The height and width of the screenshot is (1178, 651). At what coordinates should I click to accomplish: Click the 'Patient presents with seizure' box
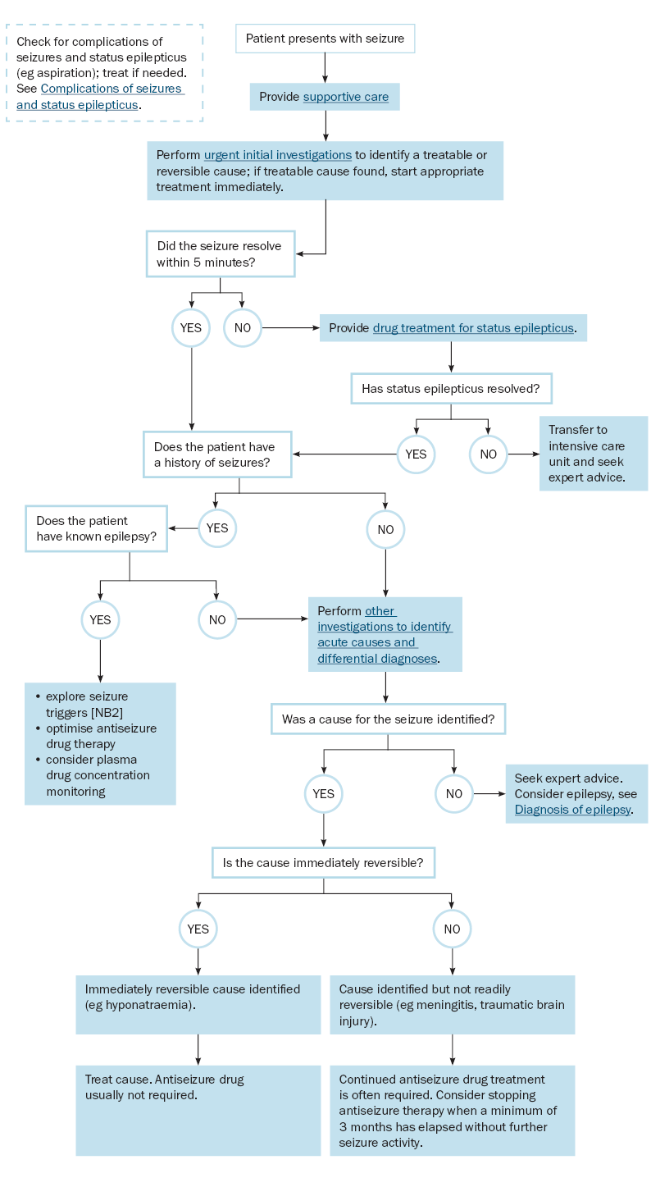(x=325, y=39)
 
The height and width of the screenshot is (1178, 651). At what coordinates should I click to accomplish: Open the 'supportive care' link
(x=346, y=97)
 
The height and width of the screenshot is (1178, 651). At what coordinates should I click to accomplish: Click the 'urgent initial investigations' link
(x=277, y=155)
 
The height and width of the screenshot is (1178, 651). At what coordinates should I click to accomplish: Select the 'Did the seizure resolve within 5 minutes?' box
(x=221, y=254)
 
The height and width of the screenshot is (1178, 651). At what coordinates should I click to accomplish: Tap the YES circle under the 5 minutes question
(x=191, y=328)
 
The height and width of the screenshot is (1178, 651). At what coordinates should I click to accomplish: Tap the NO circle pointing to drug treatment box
(x=242, y=328)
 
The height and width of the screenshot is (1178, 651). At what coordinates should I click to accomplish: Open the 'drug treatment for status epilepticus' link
(x=473, y=328)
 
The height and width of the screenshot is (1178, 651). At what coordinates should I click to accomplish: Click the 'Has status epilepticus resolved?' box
(x=451, y=389)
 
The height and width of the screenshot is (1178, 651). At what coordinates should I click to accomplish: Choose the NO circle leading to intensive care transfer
(x=488, y=454)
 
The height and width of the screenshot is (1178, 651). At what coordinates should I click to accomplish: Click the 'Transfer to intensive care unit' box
(x=594, y=454)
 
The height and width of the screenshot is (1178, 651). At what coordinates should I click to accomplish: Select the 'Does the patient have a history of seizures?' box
(x=217, y=454)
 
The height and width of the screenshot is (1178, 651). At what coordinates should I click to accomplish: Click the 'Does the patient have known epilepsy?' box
(x=96, y=528)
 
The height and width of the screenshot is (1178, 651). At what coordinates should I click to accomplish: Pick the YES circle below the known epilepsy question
(x=100, y=620)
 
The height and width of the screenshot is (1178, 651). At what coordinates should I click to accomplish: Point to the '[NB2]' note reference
(x=107, y=713)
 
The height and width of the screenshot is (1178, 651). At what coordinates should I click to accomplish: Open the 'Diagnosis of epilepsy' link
(x=573, y=810)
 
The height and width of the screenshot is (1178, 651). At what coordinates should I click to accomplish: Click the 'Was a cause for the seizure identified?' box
(x=388, y=719)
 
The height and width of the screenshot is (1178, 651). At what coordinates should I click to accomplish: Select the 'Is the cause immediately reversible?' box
(x=323, y=862)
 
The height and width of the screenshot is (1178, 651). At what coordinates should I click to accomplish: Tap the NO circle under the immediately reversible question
(x=452, y=929)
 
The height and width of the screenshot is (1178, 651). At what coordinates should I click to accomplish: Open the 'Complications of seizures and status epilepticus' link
(x=100, y=97)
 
